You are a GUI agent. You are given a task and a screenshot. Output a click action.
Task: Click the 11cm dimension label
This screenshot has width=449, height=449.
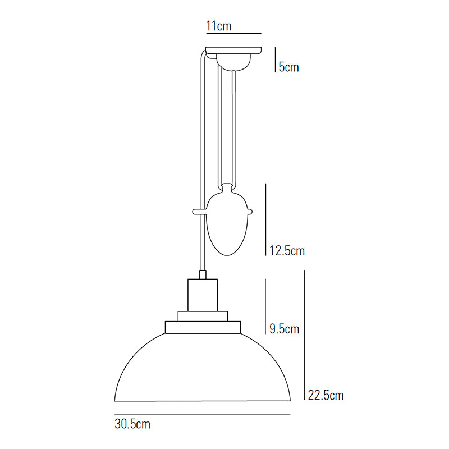click(x=219, y=26)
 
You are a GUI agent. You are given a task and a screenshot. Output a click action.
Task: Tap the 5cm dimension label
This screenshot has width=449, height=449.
click(x=288, y=67)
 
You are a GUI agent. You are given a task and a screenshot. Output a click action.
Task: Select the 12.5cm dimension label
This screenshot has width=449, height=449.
click(x=286, y=251)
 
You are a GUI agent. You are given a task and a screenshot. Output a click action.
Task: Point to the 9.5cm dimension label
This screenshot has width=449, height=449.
click(x=284, y=329)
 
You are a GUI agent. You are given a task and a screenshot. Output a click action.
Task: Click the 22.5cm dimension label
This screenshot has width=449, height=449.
click(x=326, y=395)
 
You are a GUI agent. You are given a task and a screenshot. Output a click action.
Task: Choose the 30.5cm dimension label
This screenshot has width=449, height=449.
click(x=132, y=424)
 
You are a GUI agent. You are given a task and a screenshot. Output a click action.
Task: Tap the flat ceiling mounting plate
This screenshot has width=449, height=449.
click(x=233, y=50)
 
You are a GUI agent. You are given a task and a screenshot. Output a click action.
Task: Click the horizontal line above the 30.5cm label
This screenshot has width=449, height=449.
click(x=203, y=415)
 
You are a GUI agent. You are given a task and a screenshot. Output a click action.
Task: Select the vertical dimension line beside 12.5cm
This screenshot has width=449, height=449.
click(x=265, y=219)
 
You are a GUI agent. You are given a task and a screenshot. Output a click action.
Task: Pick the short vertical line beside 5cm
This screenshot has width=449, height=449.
click(x=274, y=59)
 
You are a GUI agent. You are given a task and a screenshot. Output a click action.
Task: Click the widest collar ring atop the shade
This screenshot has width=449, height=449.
click(x=203, y=326)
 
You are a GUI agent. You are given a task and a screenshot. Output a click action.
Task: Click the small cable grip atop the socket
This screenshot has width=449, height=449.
click(x=203, y=274)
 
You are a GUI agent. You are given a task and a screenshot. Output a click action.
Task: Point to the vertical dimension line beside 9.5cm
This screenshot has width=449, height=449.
click(x=265, y=306)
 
